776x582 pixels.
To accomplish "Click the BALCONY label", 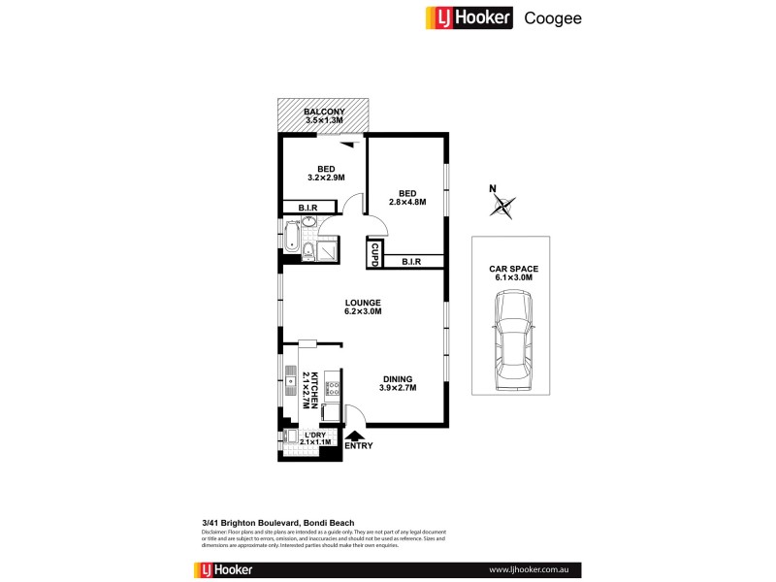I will tap(324, 113).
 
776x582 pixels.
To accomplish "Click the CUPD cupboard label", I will tap(373, 254).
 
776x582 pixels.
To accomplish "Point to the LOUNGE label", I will tap(363, 302).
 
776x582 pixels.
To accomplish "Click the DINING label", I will tap(397, 379).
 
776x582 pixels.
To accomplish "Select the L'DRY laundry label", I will tap(316, 435).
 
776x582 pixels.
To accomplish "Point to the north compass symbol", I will tap(501, 204).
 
